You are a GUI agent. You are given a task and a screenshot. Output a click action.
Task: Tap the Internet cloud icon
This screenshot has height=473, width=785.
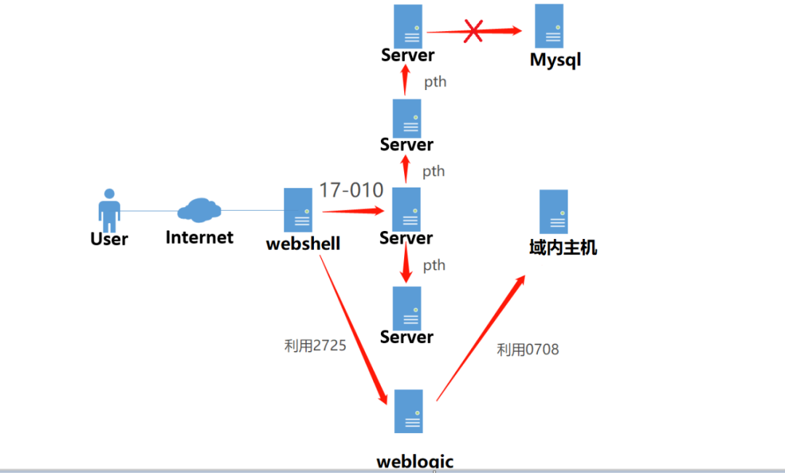[x=199, y=210]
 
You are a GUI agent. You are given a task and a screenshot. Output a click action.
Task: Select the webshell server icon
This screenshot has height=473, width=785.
[x=298, y=210]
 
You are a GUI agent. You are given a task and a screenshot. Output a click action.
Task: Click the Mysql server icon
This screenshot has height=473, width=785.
[x=549, y=26]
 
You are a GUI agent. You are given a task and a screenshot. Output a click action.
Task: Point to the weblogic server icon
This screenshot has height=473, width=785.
[x=408, y=412]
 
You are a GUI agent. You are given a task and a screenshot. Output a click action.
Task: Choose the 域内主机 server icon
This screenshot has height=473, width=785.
[x=554, y=211]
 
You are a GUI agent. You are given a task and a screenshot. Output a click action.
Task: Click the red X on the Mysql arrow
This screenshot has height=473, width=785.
[x=473, y=31]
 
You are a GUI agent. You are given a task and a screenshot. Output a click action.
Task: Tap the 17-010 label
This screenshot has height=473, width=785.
[x=351, y=190]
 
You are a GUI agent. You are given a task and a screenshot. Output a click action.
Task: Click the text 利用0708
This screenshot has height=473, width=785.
[x=528, y=349]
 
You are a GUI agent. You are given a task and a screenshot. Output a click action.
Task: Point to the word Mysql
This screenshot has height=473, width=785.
[x=555, y=60]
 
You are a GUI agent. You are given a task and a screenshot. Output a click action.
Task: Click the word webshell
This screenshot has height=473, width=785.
[x=303, y=243]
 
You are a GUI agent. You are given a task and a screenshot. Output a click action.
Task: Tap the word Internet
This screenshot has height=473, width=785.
[x=200, y=238]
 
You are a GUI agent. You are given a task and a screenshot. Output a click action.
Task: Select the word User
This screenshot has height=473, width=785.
[x=109, y=239]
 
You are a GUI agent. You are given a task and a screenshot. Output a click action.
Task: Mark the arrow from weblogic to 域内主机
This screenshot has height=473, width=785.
[x=480, y=337]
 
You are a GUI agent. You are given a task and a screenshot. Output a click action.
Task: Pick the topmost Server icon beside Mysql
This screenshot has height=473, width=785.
[x=408, y=26]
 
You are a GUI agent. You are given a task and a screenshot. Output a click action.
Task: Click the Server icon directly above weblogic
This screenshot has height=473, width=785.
[x=407, y=308]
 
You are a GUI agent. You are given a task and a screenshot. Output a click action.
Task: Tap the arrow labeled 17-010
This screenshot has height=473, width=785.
[x=353, y=211]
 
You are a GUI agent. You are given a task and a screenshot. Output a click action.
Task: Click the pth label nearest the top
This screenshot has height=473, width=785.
[x=435, y=81]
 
